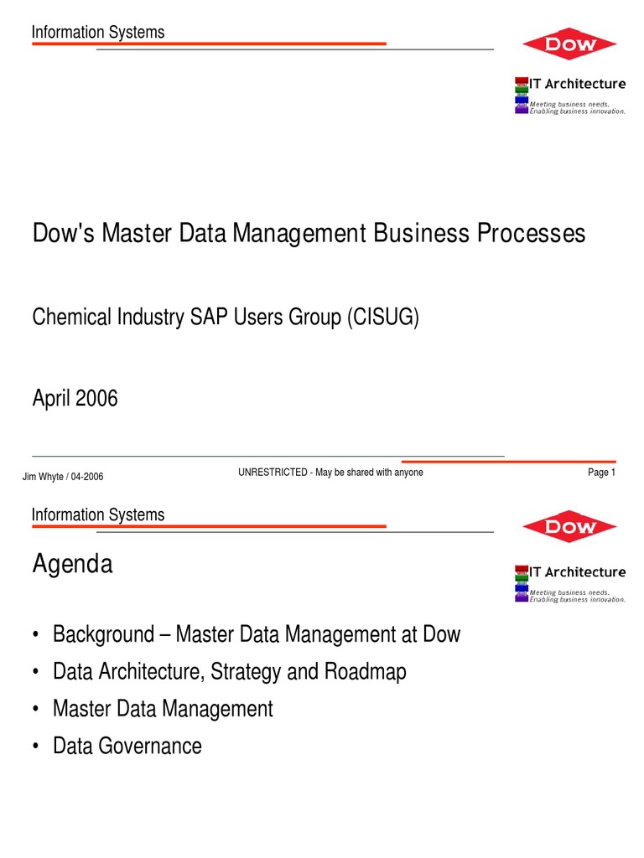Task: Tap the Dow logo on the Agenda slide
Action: click(569, 526)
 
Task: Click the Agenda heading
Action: click(72, 565)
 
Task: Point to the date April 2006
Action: click(75, 398)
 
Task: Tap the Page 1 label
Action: click(602, 473)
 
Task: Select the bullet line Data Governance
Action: click(127, 746)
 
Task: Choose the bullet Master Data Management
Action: click(163, 709)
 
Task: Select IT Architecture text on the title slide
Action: click(577, 83)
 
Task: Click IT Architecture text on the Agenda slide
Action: click(577, 572)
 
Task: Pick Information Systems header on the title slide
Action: click(98, 32)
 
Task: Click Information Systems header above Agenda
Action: click(98, 514)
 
